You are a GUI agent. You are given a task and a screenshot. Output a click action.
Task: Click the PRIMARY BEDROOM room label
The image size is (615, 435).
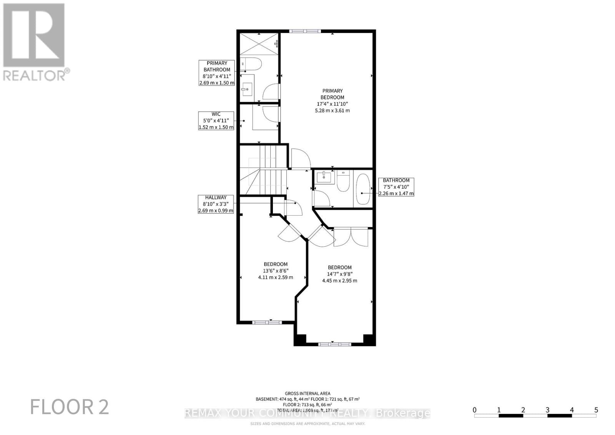pos(332,101)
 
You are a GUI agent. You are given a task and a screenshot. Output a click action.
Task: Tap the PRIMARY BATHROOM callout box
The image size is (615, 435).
pos(217,73)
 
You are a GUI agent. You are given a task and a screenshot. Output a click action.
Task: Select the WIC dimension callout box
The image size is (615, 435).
pos(216,121)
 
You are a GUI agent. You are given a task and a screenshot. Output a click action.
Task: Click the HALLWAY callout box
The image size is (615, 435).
pos(216,204)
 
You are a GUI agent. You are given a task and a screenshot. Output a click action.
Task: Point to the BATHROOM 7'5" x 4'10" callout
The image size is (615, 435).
pos(396,187)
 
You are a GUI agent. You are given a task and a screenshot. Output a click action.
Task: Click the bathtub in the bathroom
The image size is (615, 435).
pos(363,189)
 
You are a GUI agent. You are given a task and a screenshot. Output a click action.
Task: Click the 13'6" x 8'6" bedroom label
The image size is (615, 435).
pos(276,271)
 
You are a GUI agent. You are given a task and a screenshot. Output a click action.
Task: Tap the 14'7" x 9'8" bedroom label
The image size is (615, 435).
pos(339,274)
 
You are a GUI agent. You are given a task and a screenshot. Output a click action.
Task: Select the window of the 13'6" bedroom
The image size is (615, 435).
pos(267,322)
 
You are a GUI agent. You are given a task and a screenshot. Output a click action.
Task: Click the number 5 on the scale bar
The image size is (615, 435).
pos(596,410)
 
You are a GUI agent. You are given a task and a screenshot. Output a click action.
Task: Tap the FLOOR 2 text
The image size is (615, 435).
pos(70,407)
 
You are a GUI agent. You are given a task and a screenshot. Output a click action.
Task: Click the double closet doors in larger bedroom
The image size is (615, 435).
pos(351,237)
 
